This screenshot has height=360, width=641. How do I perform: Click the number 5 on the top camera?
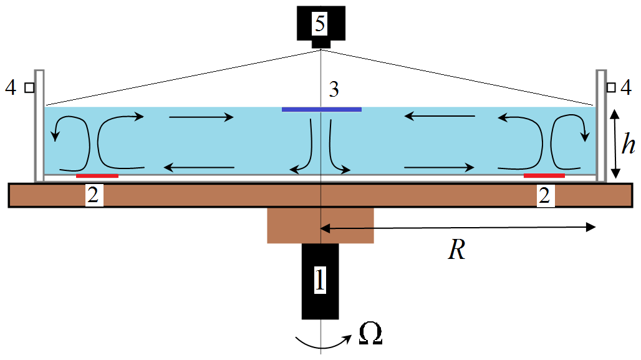click(x=320, y=24)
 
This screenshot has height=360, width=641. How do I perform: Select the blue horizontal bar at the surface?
click(x=321, y=109)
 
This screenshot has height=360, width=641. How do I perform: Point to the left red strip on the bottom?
click(x=97, y=176)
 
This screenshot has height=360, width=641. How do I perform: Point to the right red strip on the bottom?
click(x=544, y=176)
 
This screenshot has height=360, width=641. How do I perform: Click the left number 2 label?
click(x=92, y=196)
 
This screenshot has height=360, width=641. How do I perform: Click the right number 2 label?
click(x=544, y=196)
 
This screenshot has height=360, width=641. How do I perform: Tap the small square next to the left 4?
click(x=29, y=88)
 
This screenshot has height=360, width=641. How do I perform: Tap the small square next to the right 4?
click(x=611, y=88)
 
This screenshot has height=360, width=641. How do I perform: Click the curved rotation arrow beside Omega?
click(x=321, y=341)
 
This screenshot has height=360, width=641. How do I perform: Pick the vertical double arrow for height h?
click(x=616, y=143)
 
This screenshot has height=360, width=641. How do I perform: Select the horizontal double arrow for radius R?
click(x=458, y=228)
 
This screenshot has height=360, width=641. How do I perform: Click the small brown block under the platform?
click(x=320, y=225)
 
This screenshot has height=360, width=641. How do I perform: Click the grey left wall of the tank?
click(x=39, y=125)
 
